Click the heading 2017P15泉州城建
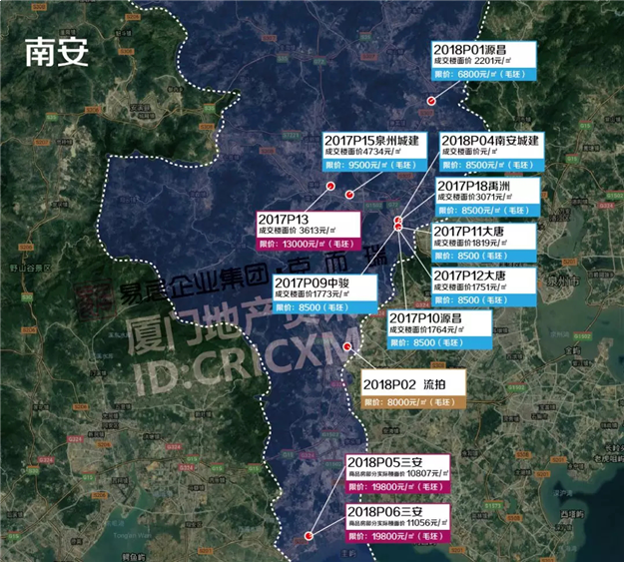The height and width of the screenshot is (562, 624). coord(370,140)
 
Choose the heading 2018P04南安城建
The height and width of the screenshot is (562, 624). coord(489,140)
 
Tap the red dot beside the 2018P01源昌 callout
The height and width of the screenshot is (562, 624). coord(431,101)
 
